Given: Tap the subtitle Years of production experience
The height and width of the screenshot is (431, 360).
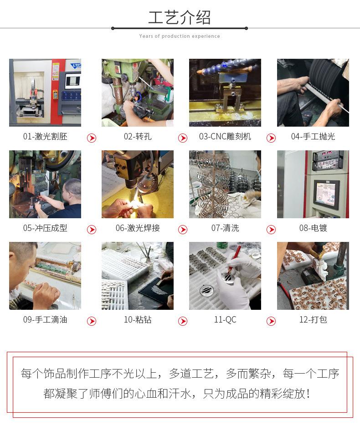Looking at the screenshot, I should [x=180, y=36].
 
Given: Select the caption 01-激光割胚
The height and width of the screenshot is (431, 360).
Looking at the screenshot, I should [x=45, y=137].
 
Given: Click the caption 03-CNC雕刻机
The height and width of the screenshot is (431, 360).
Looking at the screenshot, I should [x=225, y=137].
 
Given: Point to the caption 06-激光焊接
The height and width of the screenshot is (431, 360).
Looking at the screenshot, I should [x=138, y=228].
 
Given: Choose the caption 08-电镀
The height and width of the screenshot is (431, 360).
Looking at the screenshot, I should [x=313, y=228].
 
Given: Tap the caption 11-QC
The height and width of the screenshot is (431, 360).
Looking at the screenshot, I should [x=225, y=320].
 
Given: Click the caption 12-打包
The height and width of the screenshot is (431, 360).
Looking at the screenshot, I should [x=313, y=320].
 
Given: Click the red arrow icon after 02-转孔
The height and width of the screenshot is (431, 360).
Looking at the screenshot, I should [x=183, y=138].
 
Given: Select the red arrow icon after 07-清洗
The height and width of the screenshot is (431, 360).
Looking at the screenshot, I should [x=271, y=230].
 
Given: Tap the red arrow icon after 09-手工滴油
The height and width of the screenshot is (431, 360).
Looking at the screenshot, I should [x=92, y=321].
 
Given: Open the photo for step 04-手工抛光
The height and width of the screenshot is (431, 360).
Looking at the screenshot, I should [x=313, y=92].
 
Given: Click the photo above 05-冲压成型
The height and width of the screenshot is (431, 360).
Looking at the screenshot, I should [x=45, y=184].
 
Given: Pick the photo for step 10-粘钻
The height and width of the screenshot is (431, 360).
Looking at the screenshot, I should [x=138, y=276].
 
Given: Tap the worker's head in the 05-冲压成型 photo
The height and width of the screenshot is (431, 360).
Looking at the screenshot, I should [x=72, y=187].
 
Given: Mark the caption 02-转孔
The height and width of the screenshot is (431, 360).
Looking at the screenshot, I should [x=138, y=137].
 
